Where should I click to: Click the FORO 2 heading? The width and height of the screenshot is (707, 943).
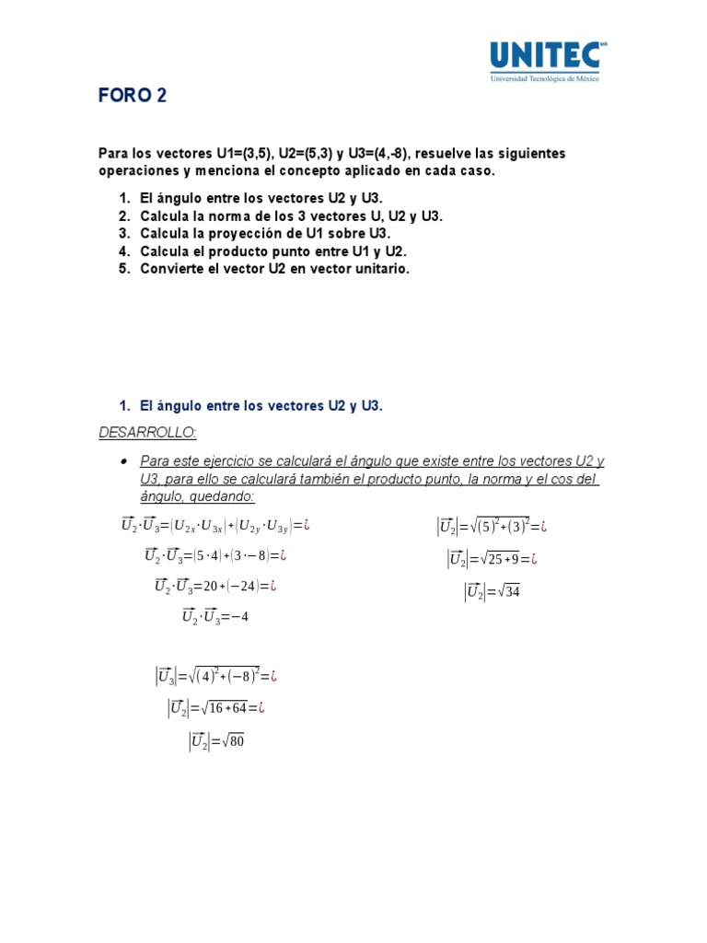[x=133, y=97]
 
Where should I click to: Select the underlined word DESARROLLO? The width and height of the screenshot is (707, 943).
[x=147, y=433]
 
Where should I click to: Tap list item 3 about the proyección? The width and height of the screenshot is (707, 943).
[x=266, y=234]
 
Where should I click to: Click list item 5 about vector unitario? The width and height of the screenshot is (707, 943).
[x=274, y=269]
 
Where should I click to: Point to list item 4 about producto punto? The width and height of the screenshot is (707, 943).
[x=273, y=251]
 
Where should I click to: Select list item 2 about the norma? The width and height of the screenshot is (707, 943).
[x=291, y=216]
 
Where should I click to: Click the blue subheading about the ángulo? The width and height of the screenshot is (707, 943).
[x=260, y=406]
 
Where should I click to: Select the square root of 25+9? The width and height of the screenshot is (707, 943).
[x=502, y=559]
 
